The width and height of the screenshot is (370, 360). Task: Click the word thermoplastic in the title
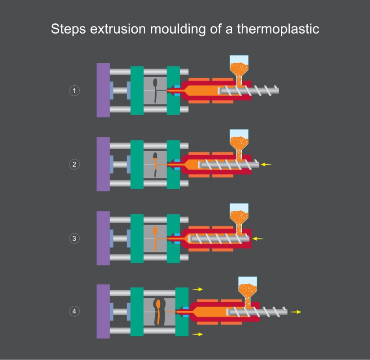pyautogui.click(x=278, y=29)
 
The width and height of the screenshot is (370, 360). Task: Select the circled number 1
pyautogui.click(x=74, y=91)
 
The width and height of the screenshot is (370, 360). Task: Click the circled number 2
pyautogui.click(x=74, y=164)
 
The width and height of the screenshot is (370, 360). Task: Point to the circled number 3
pyautogui.click(x=74, y=238)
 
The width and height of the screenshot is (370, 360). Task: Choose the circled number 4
pyautogui.click(x=74, y=311)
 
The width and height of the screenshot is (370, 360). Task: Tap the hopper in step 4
pyautogui.click(x=248, y=291)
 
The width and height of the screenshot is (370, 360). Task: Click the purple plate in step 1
pyautogui.click(x=103, y=90)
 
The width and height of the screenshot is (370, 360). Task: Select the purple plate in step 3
pyautogui.click(x=103, y=238)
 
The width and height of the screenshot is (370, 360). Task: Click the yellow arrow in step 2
pyautogui.click(x=266, y=165)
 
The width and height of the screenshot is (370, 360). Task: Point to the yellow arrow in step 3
pyautogui.click(x=258, y=239)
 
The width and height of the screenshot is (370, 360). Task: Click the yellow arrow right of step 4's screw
pyautogui.click(x=296, y=312)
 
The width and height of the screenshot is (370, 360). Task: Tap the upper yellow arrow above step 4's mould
pyautogui.click(x=197, y=289)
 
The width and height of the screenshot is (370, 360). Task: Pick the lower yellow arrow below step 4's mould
pyautogui.click(x=197, y=334)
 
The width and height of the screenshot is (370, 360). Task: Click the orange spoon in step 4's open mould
pyautogui.click(x=158, y=312)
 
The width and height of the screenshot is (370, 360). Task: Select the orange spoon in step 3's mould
pyautogui.click(x=155, y=238)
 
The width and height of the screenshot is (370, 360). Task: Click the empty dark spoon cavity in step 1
pyautogui.click(x=155, y=91)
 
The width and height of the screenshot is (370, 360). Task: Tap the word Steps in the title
pyautogui.click(x=69, y=29)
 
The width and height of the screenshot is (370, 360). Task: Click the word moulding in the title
pyautogui.click(x=178, y=29)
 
